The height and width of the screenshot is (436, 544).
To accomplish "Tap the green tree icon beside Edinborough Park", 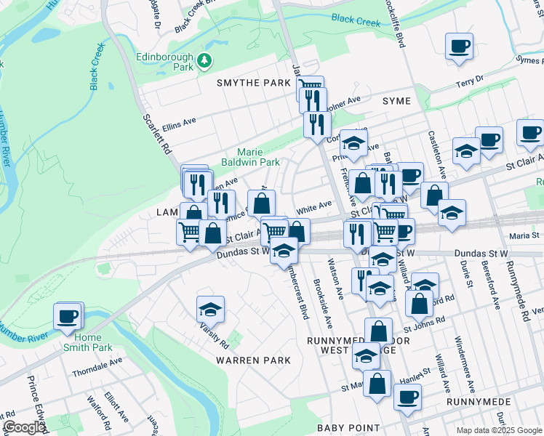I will (206, 59).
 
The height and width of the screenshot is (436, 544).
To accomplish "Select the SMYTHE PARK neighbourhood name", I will (254, 83).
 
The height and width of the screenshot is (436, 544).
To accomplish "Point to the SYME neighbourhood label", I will (397, 101).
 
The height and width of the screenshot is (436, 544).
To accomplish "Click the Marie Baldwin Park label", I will (249, 157).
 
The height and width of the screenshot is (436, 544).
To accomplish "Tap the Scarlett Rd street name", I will (156, 132).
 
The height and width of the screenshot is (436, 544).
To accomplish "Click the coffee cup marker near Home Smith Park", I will (68, 316).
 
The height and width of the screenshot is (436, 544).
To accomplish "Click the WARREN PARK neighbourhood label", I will (253, 360).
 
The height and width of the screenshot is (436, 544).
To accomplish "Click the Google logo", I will (24, 427).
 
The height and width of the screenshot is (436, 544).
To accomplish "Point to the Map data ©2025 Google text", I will (498, 430).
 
